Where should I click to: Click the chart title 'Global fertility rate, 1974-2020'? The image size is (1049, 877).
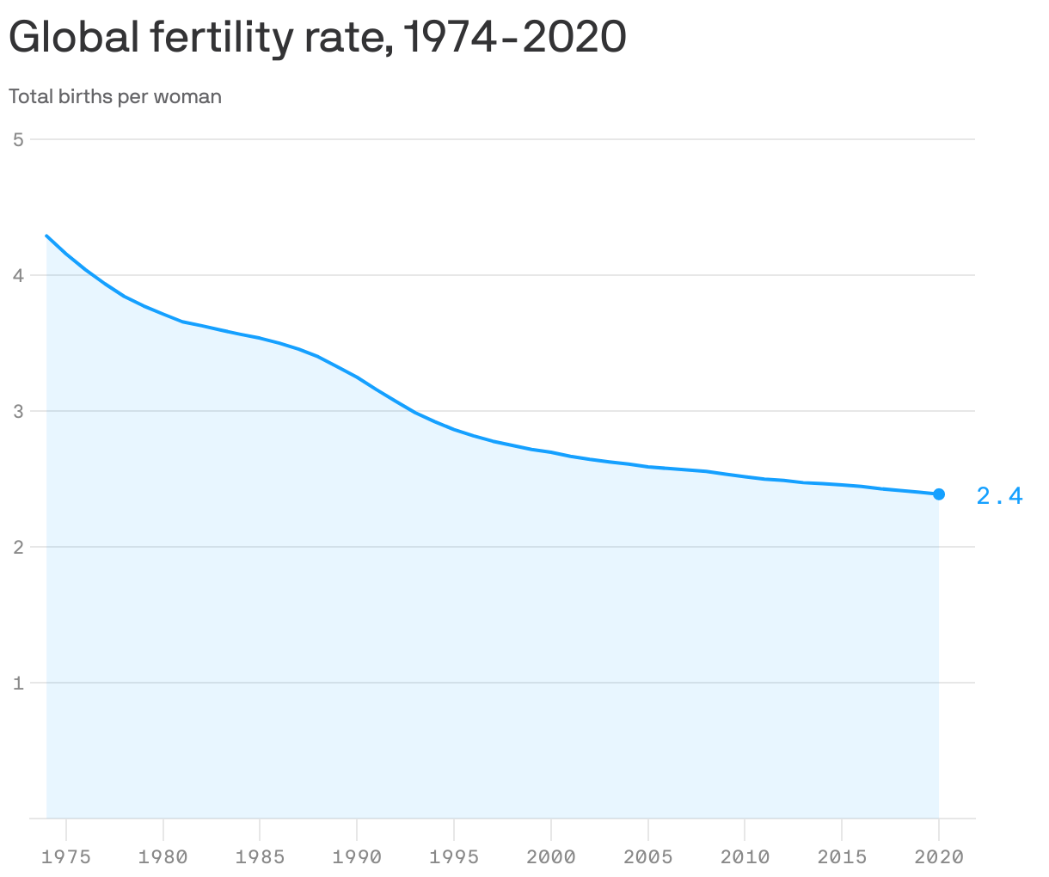(317, 38)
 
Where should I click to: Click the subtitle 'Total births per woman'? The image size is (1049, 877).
(115, 96)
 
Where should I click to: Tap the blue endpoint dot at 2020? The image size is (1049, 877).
(939, 494)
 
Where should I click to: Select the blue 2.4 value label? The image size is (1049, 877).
(999, 496)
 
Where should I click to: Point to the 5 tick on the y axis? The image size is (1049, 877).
(18, 139)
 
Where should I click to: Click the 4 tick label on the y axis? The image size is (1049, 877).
(18, 275)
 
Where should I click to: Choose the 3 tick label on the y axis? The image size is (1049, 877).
(18, 411)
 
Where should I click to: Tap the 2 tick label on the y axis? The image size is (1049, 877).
(18, 547)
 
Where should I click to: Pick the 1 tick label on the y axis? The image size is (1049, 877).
(18, 684)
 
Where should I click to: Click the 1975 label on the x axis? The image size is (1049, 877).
(65, 856)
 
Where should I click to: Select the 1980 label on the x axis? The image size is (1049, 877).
(163, 856)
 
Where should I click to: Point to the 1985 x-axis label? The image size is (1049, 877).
(260, 856)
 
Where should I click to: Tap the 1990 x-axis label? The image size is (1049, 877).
(357, 856)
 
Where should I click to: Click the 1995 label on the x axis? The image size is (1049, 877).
(454, 856)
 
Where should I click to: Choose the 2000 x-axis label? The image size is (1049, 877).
(551, 856)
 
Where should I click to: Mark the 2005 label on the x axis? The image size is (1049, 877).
(648, 856)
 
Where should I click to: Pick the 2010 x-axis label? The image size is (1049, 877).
(745, 856)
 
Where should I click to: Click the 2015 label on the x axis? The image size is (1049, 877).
(842, 856)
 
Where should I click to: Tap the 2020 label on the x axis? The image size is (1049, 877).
(939, 856)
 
